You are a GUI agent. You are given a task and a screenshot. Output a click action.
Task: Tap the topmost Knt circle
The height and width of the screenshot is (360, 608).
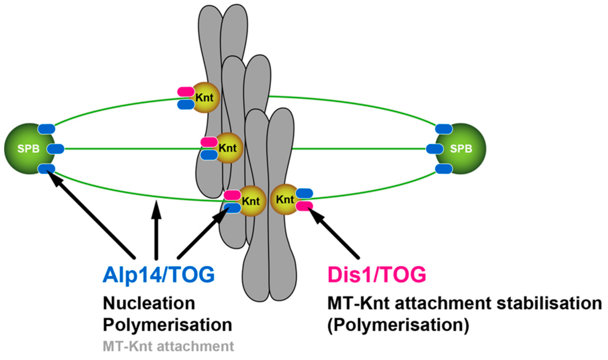coord(205,98)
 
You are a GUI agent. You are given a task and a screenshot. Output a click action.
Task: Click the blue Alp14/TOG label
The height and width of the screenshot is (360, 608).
coord(159,275)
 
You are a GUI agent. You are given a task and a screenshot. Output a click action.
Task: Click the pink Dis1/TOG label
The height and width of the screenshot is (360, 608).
coord(377,275)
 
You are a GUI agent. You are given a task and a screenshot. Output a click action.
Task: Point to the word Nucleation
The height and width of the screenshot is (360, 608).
coord(149,303)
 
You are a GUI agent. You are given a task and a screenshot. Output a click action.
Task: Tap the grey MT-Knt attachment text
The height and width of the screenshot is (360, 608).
coord(168,346)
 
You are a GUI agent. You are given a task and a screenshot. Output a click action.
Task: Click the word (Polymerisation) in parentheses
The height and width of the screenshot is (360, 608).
coord(398,325)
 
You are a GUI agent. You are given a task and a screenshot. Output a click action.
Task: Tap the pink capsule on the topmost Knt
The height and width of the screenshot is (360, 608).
coord(186,91)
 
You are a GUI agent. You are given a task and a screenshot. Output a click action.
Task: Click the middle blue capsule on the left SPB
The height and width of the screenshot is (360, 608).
coord(56,149)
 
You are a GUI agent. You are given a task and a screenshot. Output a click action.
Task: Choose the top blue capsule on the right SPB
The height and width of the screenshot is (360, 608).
coord(444,129)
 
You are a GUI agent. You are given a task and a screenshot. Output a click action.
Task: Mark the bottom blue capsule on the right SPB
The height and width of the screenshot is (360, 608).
coord(444,169)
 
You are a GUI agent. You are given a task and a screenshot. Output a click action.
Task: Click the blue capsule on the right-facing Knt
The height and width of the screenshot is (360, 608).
coord(304,193)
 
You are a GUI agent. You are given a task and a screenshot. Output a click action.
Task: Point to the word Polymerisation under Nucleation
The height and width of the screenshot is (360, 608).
coord(167,325)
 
